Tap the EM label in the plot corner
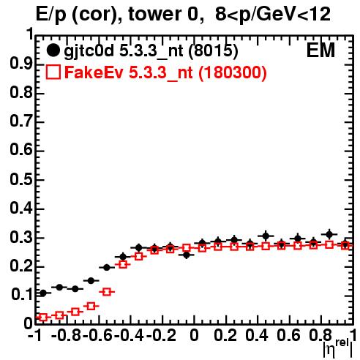[x=320, y=50]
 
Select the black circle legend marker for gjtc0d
[x=53, y=50]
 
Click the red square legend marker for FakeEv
[x=53, y=72]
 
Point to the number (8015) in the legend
[x=213, y=51]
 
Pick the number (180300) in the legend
[x=232, y=72]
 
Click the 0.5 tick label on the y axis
[x=21, y=179]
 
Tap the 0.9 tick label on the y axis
[x=21, y=64]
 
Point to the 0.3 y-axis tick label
[x=21, y=237]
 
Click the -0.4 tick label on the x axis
[x=130, y=335]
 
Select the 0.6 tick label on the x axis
[x=288, y=335]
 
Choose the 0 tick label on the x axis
[x=194, y=335]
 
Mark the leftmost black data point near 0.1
[x=43, y=293]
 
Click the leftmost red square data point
[x=43, y=318]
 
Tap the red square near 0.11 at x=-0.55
[x=107, y=292]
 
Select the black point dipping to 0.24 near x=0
[x=187, y=255]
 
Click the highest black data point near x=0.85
[x=329, y=235]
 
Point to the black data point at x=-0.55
[x=107, y=268]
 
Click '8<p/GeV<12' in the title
[x=273, y=15]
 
